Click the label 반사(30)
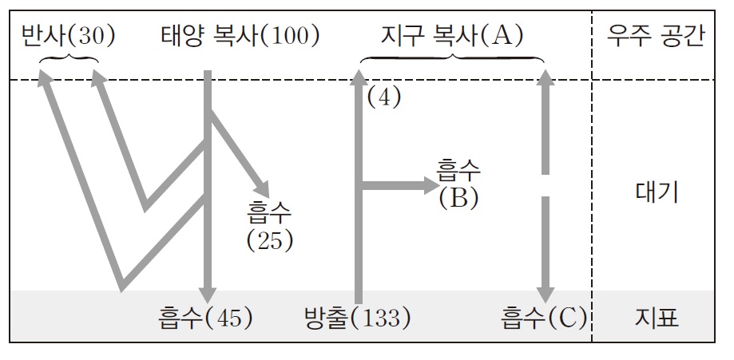point(69,35)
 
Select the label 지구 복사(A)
point(452,35)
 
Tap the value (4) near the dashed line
point(383,97)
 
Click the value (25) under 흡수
point(270,239)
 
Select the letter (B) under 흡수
point(458,196)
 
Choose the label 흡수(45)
point(205,318)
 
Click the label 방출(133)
point(357,318)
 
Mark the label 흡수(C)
point(544,318)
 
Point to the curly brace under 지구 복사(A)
point(452,58)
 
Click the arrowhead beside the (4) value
point(359,77)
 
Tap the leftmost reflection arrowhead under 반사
point(46,77)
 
